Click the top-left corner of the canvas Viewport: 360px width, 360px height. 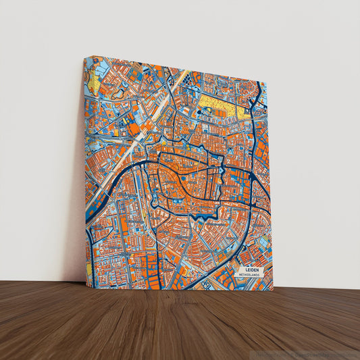(85, 57)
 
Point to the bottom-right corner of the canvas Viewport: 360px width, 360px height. (273, 290)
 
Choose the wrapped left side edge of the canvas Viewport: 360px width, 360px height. (85, 169)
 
